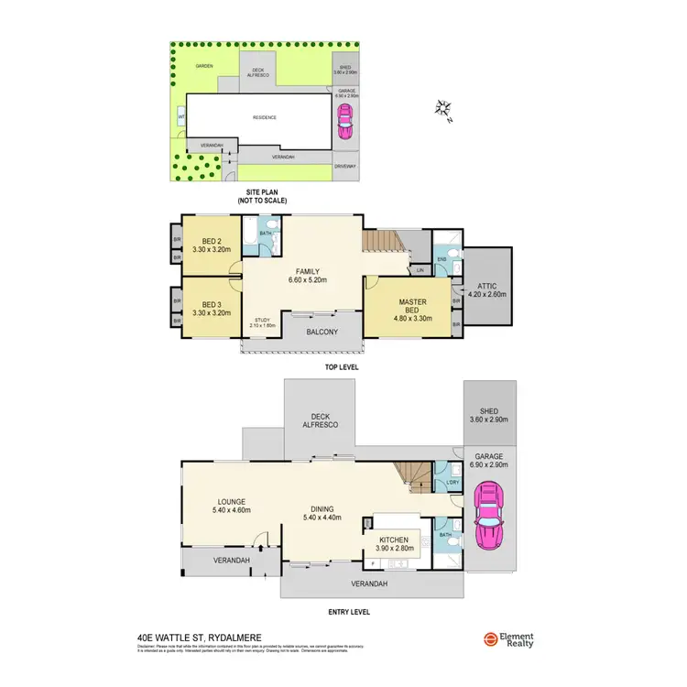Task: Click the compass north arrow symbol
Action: (444, 110)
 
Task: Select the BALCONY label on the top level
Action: (322, 332)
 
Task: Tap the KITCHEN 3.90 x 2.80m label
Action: (393, 544)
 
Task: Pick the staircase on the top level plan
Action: (383, 242)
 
